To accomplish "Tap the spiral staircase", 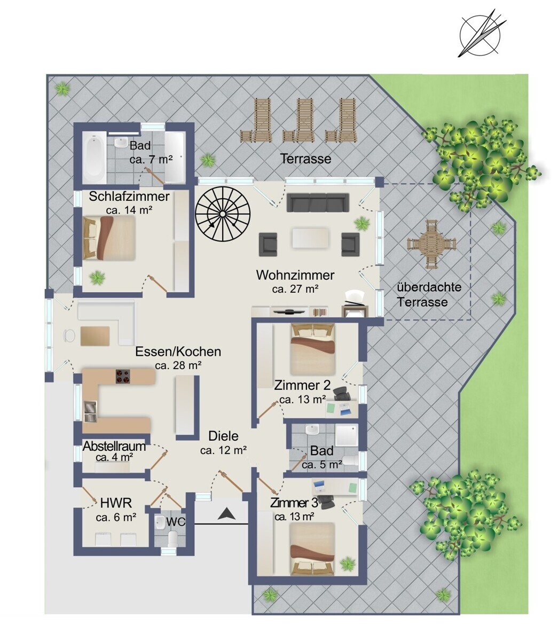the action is click(223, 214).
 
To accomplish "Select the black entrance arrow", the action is click(226, 514).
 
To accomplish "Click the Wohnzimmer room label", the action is click(295, 275).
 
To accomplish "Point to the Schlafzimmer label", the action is click(129, 197).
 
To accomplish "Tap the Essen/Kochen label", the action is click(178, 351).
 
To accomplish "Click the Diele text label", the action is click(223, 436).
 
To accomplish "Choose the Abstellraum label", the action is click(114, 446).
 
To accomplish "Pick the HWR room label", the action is click(116, 503).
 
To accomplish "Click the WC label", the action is click(176, 522).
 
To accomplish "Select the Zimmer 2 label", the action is click(302, 385).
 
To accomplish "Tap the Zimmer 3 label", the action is click(294, 503).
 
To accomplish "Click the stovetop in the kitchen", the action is click(123, 377).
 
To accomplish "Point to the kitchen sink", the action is click(90, 411).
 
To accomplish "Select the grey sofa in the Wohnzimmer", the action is click(318, 202).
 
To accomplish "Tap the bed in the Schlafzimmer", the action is click(109, 238).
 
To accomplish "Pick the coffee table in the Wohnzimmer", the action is click(311, 238).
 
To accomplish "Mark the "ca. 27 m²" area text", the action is click(295, 289).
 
